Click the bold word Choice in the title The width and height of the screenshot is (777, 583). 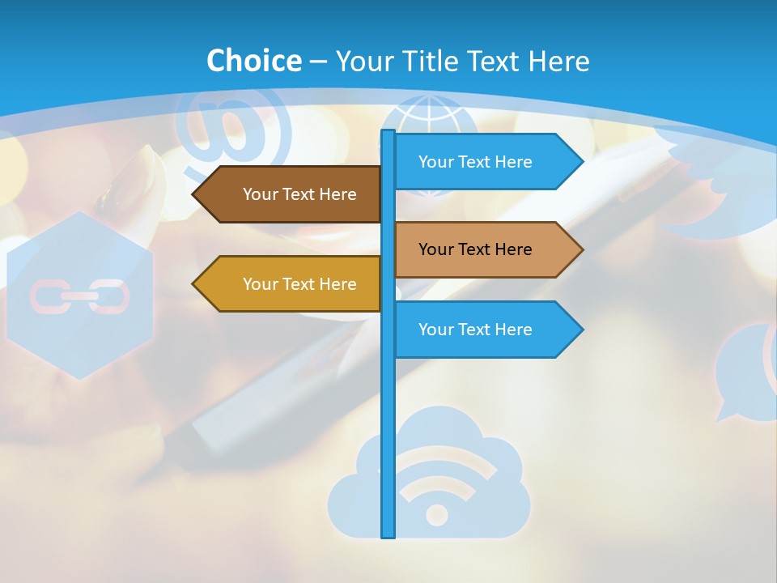click(x=253, y=61)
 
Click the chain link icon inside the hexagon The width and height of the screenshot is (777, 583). click(x=79, y=296)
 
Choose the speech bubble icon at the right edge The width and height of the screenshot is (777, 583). click(x=745, y=372)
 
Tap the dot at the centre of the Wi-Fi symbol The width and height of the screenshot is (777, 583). click(x=437, y=514)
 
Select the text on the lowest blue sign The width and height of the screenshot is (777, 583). click(x=475, y=330)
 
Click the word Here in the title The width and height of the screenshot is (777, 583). click(x=558, y=61)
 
